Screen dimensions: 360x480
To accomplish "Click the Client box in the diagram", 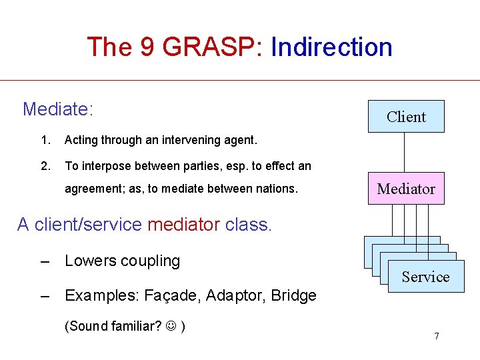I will [405, 117].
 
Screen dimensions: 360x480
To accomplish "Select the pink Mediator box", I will [405, 189].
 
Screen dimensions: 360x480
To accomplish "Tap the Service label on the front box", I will [425, 277].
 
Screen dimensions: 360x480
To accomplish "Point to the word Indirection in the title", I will [331, 47].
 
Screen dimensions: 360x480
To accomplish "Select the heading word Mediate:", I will [57, 109].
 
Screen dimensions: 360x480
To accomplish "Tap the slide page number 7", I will [436, 336].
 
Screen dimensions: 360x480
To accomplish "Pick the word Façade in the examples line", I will [177, 295].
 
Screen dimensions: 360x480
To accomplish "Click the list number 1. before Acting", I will [45, 140].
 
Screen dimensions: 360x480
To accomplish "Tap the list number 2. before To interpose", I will [45, 166].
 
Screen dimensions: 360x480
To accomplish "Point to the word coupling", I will [151, 261].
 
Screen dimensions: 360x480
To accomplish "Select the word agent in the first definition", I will [239, 140].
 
